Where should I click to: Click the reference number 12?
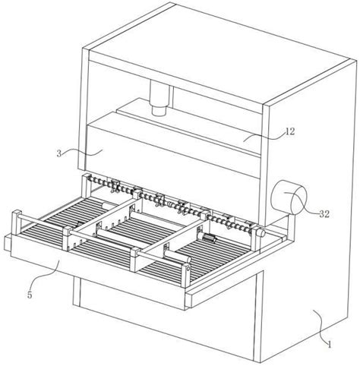tap(290, 131)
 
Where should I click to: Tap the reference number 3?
tap(59, 153)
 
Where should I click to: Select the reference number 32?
tap(324, 214)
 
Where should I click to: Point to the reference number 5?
tap(30, 295)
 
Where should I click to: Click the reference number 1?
tap(330, 345)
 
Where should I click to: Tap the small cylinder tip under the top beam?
tap(159, 111)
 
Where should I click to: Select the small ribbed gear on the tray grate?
tap(210, 238)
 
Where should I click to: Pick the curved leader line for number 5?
tap(45, 276)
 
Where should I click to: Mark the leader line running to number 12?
tap(265, 136)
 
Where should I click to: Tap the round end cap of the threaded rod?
tap(261, 232)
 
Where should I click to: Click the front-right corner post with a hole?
tap(186, 276)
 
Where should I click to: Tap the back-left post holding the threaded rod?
tap(85, 188)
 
